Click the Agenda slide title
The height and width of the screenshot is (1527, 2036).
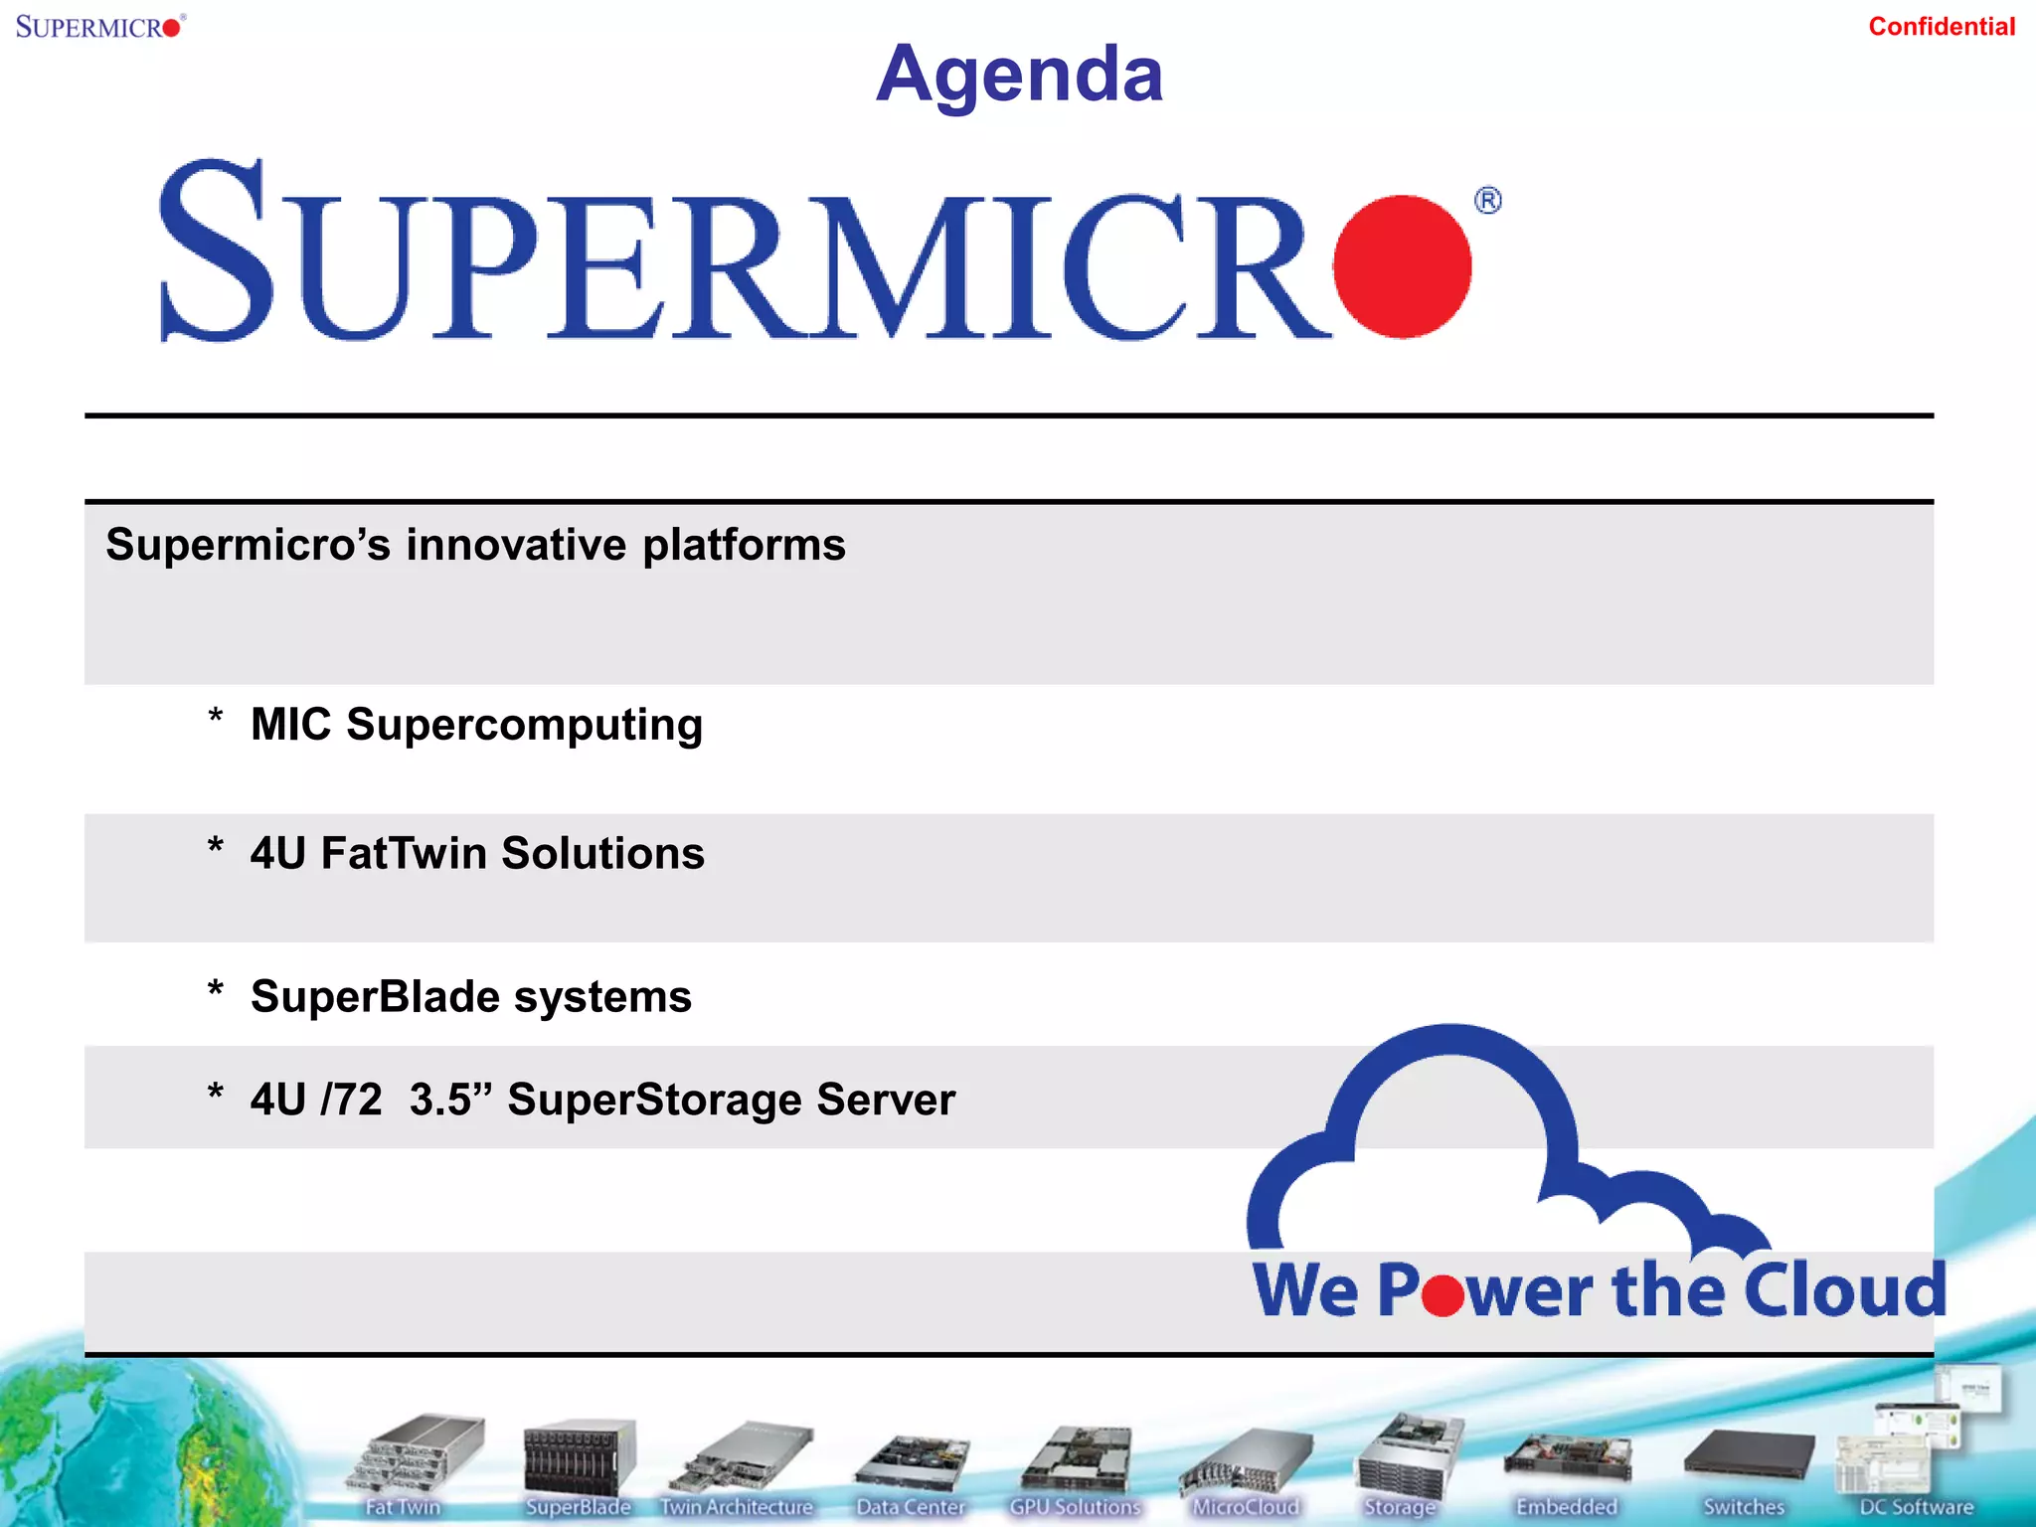[x=1019, y=75]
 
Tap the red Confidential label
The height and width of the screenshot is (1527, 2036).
[x=1941, y=27]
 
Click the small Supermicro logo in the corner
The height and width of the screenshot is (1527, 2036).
[x=99, y=26]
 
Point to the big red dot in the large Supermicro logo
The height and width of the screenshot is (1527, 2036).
[x=1402, y=266]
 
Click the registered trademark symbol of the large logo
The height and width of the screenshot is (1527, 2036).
[x=1487, y=201]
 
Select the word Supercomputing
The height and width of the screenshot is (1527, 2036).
[x=524, y=726]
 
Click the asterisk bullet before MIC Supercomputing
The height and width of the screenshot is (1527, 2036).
[x=216, y=718]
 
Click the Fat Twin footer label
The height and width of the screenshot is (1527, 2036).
[x=403, y=1507]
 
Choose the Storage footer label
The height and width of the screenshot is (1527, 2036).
[x=1400, y=1507]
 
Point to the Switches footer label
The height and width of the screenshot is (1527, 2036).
[x=1744, y=1507]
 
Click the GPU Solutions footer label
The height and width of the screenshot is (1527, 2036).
[x=1075, y=1507]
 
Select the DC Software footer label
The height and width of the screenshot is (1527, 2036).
[x=1916, y=1507]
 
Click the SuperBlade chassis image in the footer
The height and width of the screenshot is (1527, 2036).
[x=579, y=1456]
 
